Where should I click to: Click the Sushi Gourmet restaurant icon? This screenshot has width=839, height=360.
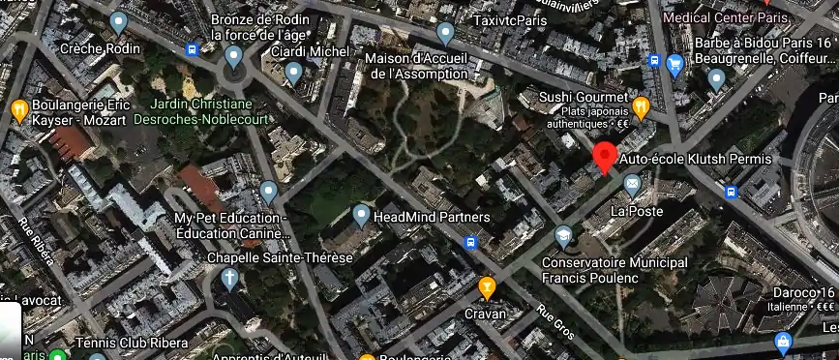coord(640,105)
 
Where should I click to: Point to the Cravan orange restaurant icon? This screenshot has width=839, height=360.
coord(487,286)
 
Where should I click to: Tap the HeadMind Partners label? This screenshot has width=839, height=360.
coord(432,216)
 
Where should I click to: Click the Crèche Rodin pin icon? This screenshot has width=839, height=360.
coord(119,22)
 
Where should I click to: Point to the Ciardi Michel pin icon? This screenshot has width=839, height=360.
coord(294,73)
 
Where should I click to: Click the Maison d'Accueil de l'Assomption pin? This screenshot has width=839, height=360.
coord(445,35)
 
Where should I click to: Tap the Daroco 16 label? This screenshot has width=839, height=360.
coord(802,293)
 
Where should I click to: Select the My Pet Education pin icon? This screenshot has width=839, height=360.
coord(269,191)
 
